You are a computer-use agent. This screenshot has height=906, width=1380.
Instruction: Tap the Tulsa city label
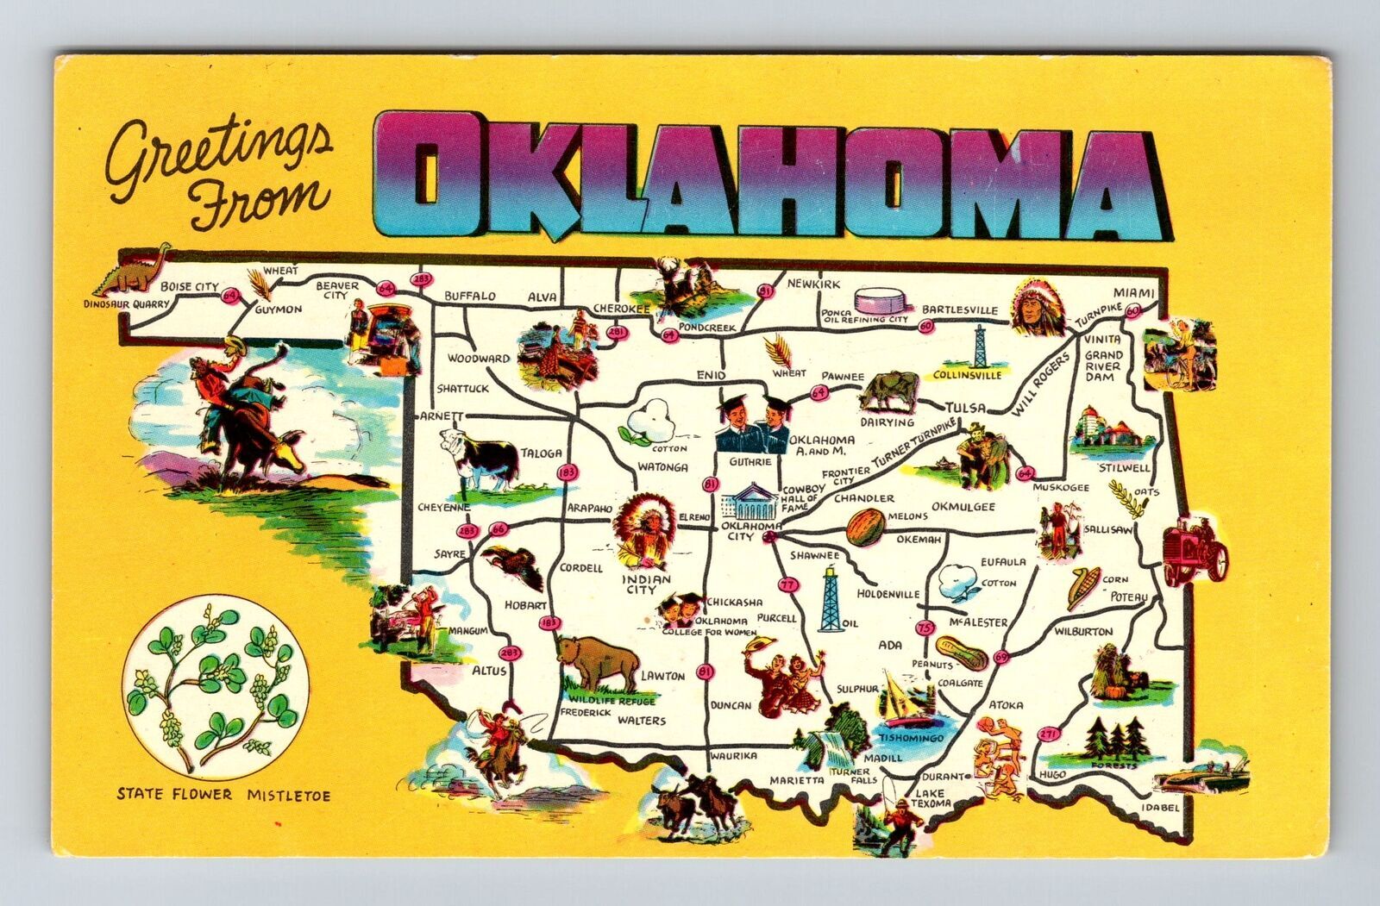click(963, 407)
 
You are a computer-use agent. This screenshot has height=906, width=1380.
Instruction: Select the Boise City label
click(189, 288)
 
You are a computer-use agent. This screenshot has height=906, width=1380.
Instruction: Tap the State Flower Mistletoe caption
click(223, 794)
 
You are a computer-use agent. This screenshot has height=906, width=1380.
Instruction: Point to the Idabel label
click(1159, 807)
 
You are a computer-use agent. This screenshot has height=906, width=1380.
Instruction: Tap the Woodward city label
click(479, 358)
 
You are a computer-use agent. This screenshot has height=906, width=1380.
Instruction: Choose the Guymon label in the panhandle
click(278, 309)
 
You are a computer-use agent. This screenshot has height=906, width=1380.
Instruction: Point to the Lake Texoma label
click(932, 798)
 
